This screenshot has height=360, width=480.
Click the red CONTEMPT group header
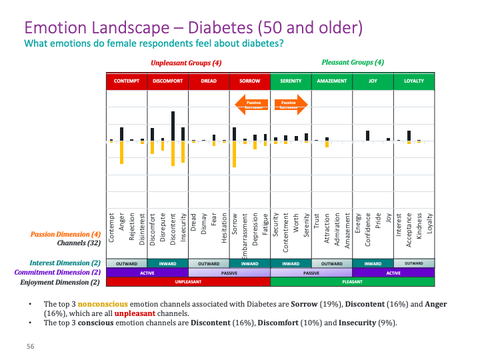(127, 81)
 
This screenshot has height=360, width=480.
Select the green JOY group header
(373, 81)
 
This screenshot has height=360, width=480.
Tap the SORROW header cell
(250, 81)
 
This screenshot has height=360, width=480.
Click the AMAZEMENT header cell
(332, 81)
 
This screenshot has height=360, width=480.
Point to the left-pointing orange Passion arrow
(251, 103)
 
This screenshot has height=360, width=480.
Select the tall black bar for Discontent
(173, 126)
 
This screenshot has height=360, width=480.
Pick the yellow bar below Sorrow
(235, 154)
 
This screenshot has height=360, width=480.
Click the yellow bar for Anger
(121, 153)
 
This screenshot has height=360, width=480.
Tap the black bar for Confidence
(368, 136)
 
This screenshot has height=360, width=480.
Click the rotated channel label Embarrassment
(245, 231)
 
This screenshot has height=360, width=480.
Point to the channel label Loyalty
(430, 226)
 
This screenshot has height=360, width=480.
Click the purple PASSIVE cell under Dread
(229, 273)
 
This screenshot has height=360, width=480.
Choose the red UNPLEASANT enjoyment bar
(188, 282)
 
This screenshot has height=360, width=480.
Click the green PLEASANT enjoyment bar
(352, 282)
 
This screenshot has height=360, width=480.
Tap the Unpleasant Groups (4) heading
(186, 63)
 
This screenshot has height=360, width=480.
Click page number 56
(30, 347)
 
